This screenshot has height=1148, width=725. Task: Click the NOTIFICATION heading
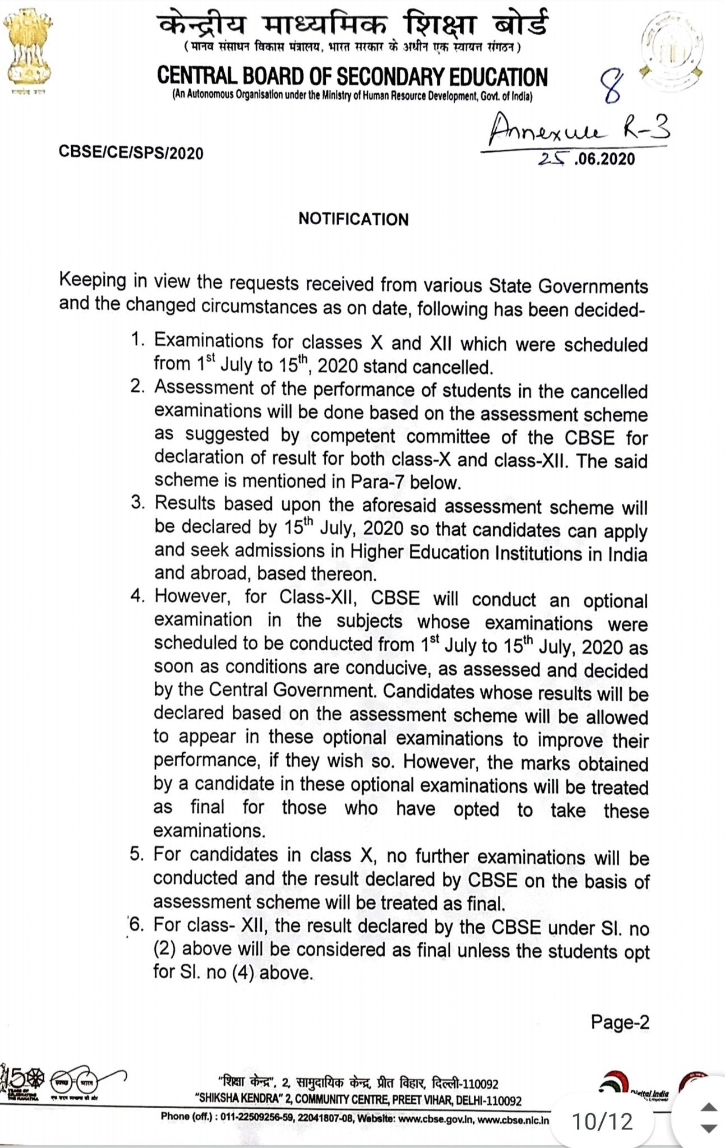click(353, 219)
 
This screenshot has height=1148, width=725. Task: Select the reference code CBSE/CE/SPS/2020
click(131, 152)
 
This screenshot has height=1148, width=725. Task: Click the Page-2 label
click(620, 1022)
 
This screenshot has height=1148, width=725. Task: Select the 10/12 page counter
click(602, 1121)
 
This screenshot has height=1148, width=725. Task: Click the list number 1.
click(137, 339)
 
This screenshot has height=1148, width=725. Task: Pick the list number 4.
click(137, 595)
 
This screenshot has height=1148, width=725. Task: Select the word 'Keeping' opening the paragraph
click(93, 280)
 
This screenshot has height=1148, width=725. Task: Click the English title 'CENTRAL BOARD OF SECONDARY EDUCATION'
click(352, 77)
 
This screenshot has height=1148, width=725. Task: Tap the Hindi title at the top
click(352, 25)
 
